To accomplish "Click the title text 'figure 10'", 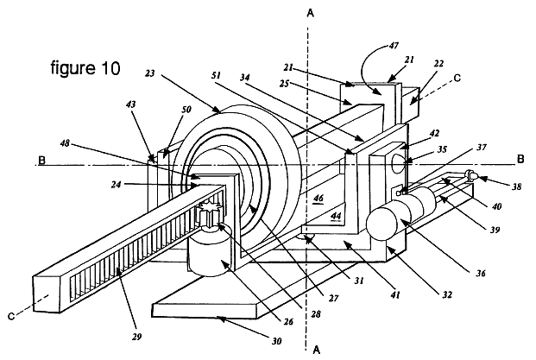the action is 85,67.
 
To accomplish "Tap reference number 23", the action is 149,73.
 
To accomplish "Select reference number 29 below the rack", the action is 136,337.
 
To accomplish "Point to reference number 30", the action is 276,341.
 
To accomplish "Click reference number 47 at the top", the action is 394,45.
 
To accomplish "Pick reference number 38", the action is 517,186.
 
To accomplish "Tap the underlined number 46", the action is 318,198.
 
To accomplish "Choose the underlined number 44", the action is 336,216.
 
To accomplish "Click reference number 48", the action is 65,143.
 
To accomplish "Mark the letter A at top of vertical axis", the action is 311,13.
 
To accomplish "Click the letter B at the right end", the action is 520,160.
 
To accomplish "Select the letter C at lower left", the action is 11,317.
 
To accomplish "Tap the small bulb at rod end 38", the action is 472,175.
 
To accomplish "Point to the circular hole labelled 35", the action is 399,163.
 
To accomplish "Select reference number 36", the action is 481,273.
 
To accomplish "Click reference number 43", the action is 130,104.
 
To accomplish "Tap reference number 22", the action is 438,64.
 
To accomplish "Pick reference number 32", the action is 447,294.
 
